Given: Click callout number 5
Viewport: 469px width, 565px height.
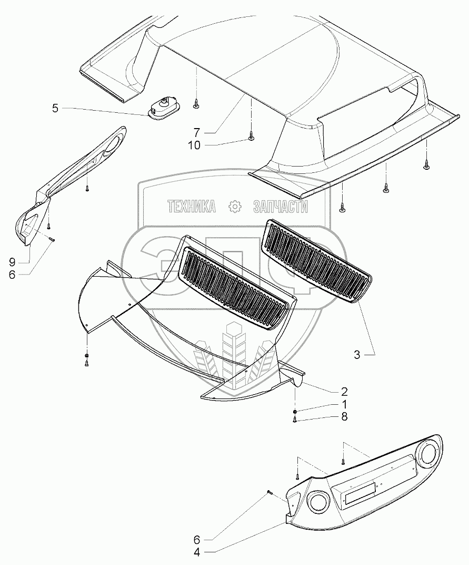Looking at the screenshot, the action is tap(55, 109).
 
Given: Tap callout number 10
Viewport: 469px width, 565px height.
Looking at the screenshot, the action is tap(194, 145).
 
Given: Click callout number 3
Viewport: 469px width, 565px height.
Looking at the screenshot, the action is tap(357, 355).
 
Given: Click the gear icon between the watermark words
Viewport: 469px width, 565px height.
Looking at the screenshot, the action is tap(234, 207).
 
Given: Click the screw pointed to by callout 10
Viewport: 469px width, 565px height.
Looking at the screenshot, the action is tap(251, 138).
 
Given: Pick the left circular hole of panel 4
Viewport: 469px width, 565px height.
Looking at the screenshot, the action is tap(318, 500).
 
